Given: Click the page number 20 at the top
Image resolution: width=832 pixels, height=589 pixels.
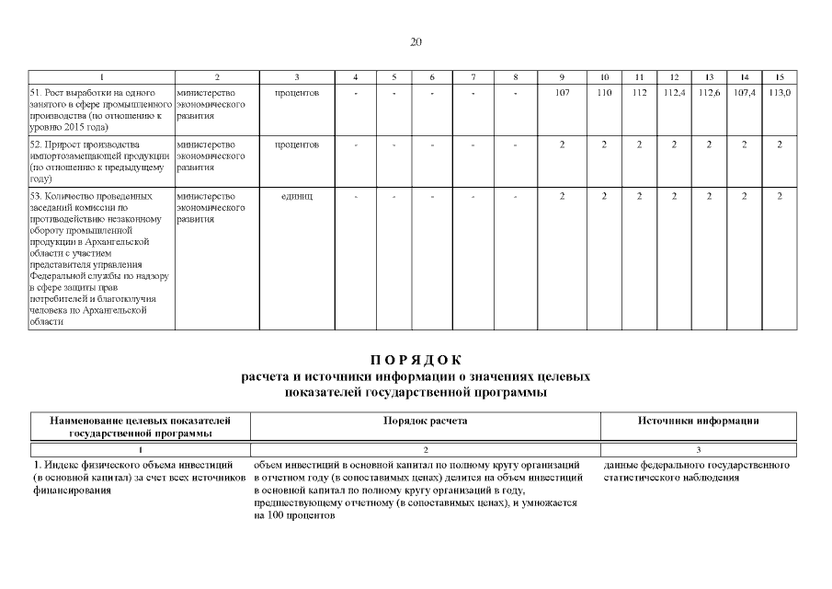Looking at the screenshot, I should (416, 41).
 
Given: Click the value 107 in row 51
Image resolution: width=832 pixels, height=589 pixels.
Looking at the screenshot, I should (563, 93).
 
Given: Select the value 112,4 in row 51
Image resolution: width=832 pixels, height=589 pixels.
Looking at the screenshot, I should (674, 93).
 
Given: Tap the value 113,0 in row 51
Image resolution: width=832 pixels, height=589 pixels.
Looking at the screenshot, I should (780, 93).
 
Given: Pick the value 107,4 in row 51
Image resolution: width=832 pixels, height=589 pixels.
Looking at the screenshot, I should (744, 93).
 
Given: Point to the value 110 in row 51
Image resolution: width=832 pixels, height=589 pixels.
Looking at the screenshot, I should (604, 93).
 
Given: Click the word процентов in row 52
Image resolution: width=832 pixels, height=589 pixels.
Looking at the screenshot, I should (296, 144).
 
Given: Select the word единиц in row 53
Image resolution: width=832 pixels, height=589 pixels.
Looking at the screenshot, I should (296, 196).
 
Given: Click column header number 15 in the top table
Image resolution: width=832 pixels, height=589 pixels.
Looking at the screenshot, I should (780, 75).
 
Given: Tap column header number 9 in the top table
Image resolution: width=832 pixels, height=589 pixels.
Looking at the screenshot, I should (563, 75).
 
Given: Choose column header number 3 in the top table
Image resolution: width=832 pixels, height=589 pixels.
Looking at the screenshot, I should (296, 75).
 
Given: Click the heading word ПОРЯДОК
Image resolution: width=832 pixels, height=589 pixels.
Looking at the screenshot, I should (415, 360).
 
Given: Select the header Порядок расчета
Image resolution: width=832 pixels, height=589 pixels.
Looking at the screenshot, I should (425, 421).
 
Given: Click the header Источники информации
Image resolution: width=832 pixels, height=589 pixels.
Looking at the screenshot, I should (698, 421).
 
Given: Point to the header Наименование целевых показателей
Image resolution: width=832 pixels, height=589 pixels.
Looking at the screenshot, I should (140, 421).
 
